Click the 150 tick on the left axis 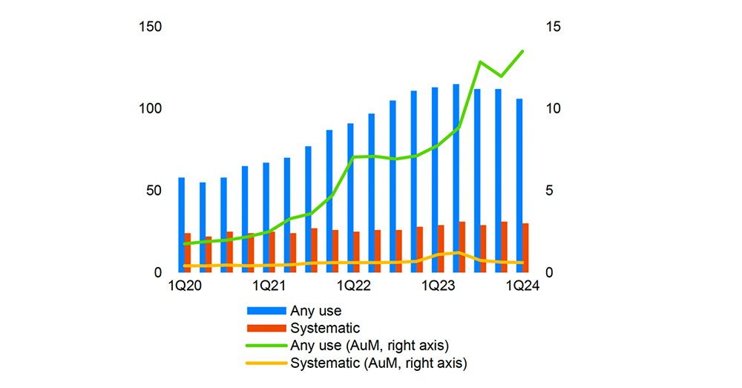(x=151, y=27)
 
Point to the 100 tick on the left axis (x=151, y=109)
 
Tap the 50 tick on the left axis (x=154, y=191)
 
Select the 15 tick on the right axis (x=554, y=27)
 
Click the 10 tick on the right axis (x=554, y=109)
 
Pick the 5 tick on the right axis (x=551, y=191)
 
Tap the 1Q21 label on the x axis (x=269, y=286)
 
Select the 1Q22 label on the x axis (x=353, y=286)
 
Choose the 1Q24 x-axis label (x=522, y=286)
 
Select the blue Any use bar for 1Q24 (x=519, y=185)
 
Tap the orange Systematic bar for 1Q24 (x=526, y=248)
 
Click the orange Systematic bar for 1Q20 (x=188, y=253)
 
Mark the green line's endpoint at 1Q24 (x=522, y=51)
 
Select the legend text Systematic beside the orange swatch (x=325, y=328)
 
